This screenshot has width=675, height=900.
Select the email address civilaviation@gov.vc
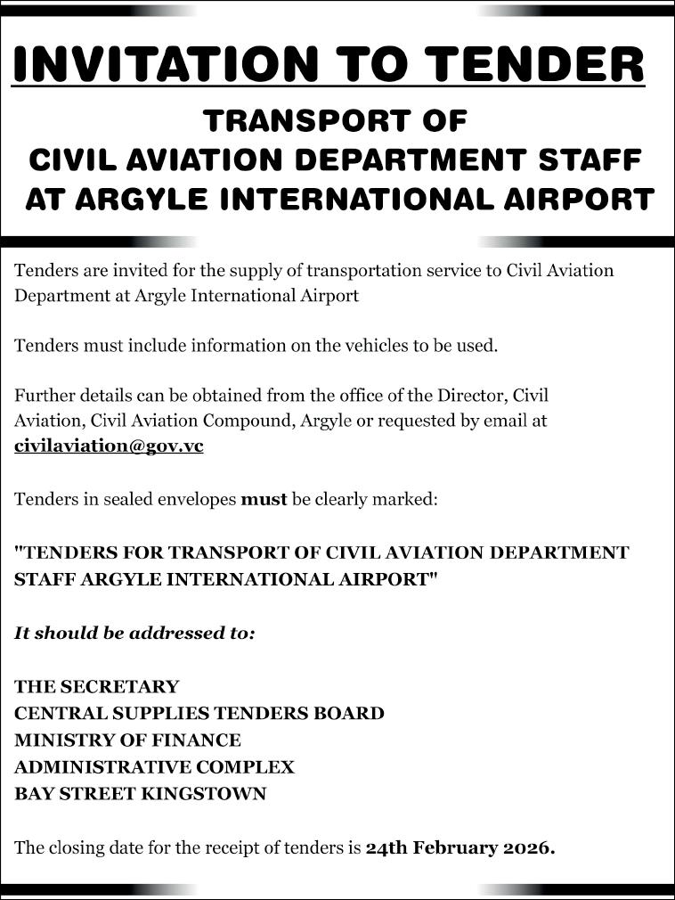(109, 446)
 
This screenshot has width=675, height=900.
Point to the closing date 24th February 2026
(460, 847)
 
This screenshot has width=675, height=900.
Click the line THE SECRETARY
(96, 687)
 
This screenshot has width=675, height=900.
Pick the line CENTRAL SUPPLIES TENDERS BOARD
(199, 714)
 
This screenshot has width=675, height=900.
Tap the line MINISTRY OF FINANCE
(127, 740)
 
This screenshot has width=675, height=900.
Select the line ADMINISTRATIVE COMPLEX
(154, 767)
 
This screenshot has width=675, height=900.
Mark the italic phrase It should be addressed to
(134, 634)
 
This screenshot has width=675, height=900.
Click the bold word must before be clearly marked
(264, 499)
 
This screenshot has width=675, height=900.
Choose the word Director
(476, 395)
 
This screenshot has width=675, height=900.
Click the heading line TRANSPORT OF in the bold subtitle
(336, 120)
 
